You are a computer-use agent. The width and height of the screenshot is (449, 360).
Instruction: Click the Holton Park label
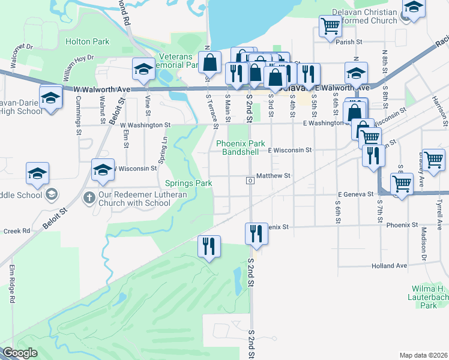(87, 41)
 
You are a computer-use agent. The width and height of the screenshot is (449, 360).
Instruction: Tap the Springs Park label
(188, 182)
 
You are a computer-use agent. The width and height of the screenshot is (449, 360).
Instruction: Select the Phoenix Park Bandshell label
(240, 148)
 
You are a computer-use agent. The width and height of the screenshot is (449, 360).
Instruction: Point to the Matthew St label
(273, 176)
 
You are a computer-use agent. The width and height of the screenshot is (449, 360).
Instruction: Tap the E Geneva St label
(355, 194)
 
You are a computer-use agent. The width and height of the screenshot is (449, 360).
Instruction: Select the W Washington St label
(145, 125)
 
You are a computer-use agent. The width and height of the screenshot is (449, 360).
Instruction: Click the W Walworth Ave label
(101, 89)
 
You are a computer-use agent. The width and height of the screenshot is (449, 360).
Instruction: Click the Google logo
(20, 353)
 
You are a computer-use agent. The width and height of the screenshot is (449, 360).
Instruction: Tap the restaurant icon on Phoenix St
(257, 233)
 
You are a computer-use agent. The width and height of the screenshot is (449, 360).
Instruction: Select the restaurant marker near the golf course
(209, 247)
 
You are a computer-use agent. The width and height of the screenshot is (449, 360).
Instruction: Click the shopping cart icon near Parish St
(330, 26)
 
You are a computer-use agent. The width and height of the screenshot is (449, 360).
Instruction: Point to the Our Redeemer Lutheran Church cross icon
(89, 197)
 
